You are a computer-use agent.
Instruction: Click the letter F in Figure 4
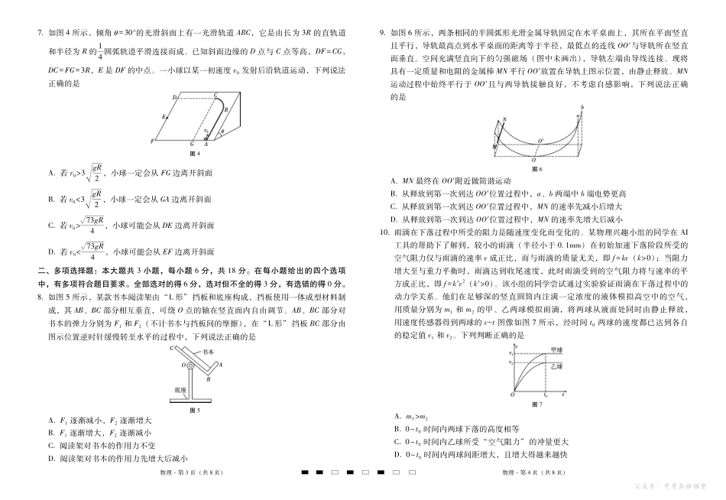tap(153, 142)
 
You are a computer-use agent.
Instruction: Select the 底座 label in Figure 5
tap(180, 388)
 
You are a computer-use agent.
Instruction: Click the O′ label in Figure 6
tap(540, 141)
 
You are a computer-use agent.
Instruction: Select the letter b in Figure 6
tap(582, 107)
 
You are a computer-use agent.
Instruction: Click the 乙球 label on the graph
tap(556, 368)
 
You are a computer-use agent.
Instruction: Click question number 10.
tap(385, 231)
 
